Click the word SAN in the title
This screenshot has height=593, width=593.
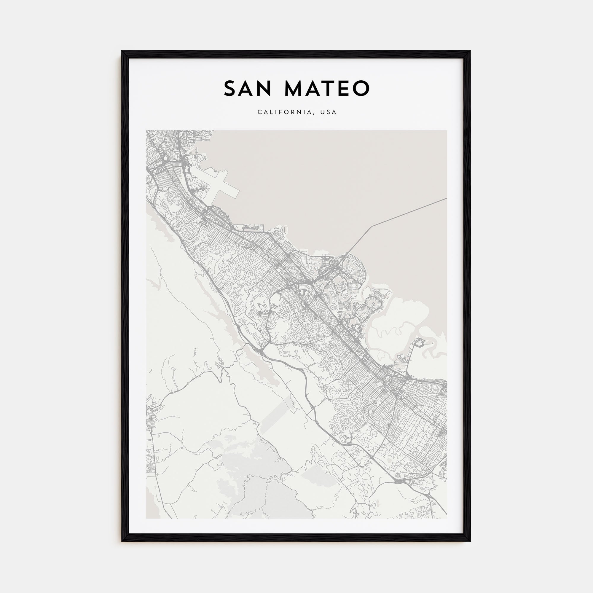tap(247, 88)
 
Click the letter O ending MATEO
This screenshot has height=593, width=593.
tap(362, 88)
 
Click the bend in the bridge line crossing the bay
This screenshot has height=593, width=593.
tap(372, 227)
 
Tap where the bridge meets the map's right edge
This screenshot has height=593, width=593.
tap(446, 198)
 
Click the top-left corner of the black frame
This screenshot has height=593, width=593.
tap(122, 52)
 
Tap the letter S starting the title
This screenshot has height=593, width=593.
tap(230, 88)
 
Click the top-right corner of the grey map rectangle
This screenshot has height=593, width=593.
tap(447, 131)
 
